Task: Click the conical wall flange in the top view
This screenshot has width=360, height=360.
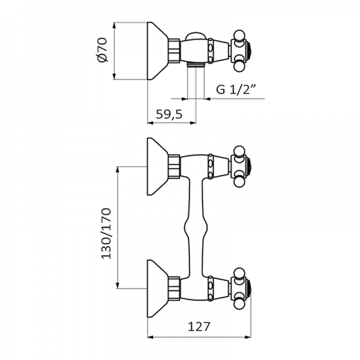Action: pos(158,50)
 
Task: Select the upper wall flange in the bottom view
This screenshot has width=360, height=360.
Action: pos(158,166)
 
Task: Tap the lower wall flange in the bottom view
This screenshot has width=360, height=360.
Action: pos(158,284)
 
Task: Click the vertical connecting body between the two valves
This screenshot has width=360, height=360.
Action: pos(199,225)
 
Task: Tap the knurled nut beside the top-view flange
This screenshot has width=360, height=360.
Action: pos(175,50)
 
